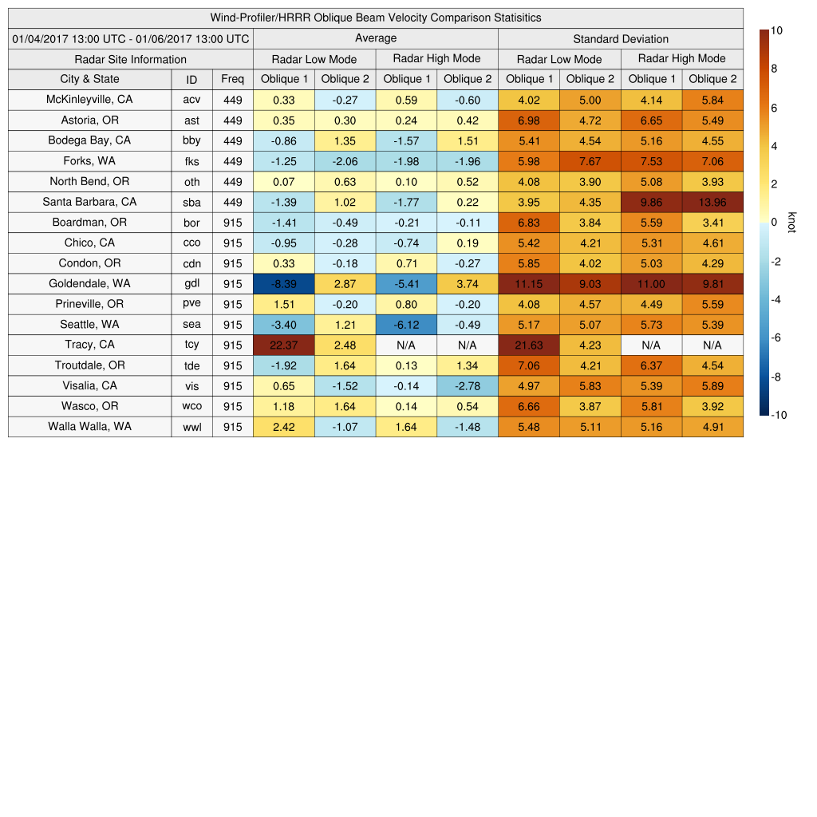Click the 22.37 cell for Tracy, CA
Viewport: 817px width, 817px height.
[x=283, y=345]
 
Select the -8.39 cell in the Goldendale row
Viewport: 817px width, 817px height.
[x=283, y=283]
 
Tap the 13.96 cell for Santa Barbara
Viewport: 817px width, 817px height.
[x=712, y=202]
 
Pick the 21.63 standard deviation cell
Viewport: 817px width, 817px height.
[x=529, y=345]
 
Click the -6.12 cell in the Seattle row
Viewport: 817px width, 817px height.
[x=406, y=324]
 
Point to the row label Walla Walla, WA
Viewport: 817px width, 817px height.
[x=89, y=426]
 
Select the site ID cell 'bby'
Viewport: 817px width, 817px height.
[x=191, y=140]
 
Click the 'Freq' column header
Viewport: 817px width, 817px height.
[x=232, y=79]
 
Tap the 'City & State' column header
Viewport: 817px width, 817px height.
[x=89, y=79]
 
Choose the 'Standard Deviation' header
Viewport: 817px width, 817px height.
[x=621, y=39]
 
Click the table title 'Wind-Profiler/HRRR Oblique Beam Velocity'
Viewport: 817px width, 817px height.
[x=376, y=18]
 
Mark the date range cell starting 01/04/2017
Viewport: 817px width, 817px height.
[x=131, y=38]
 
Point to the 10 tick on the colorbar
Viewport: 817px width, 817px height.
[x=776, y=30]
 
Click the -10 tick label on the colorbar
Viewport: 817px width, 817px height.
[x=778, y=414]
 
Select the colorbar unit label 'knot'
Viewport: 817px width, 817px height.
[x=791, y=223]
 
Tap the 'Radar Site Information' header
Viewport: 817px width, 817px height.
[x=131, y=59]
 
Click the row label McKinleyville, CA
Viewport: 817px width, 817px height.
[x=89, y=100]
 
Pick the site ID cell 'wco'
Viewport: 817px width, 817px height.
[x=191, y=406]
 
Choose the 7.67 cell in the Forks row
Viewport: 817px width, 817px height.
[x=590, y=161]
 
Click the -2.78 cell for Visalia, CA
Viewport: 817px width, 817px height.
[x=467, y=385]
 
